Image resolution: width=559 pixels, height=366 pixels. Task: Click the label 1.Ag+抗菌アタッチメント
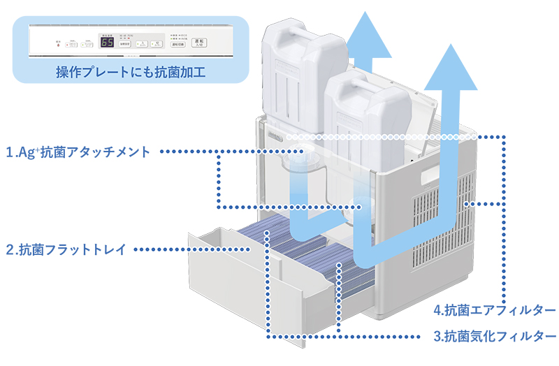pyautogui.click(x=78, y=152)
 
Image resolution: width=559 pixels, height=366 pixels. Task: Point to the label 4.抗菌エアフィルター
pyautogui.click(x=494, y=309)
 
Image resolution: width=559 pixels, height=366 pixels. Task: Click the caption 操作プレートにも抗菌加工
pyautogui.click(x=131, y=71)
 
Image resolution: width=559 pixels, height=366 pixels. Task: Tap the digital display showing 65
pyautogui.click(x=107, y=43)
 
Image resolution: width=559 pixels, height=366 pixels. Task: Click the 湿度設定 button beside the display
pyautogui.click(x=125, y=43)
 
